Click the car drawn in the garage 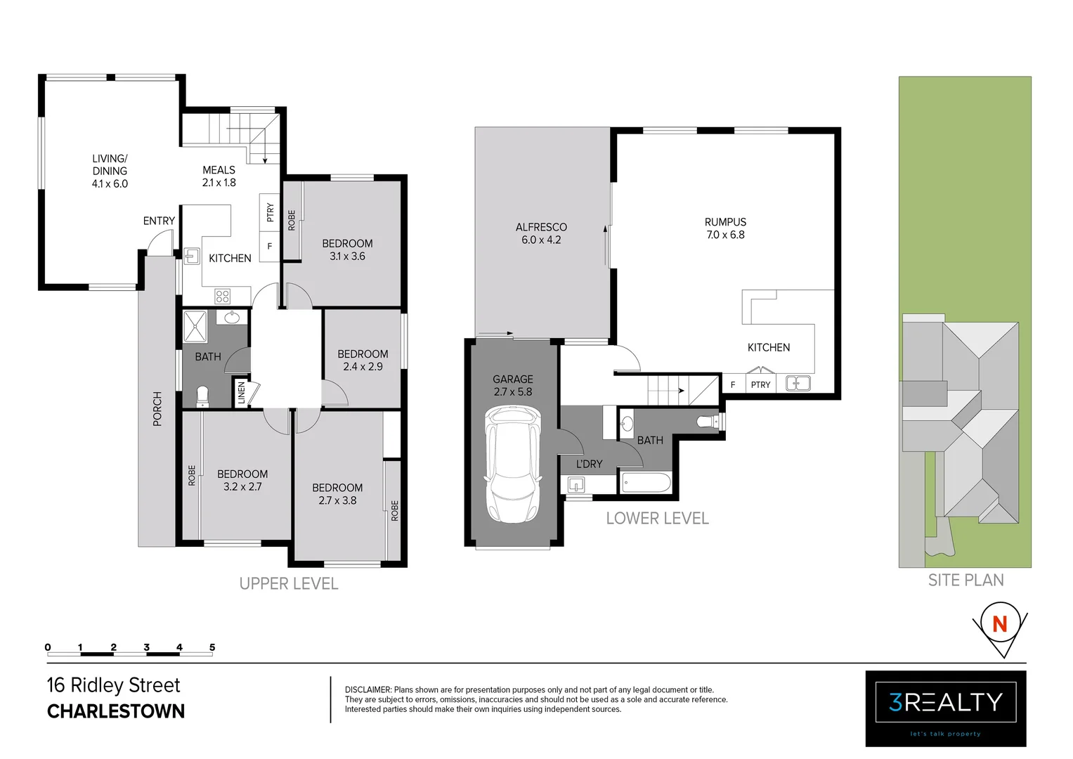(x=513, y=466)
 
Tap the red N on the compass (x=999, y=623)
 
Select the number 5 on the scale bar (x=212, y=647)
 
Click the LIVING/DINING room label (x=110, y=171)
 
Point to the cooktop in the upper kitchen (x=223, y=297)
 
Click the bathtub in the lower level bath (x=646, y=483)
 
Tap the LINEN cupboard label (x=241, y=392)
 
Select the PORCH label (x=157, y=408)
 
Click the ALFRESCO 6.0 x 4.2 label (x=541, y=233)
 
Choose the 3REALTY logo (x=945, y=702)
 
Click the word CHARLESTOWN (x=116, y=712)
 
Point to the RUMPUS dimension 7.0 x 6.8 (x=725, y=235)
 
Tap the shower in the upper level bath (x=195, y=327)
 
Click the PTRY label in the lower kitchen (x=760, y=384)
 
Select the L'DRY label (x=589, y=464)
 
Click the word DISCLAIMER (x=368, y=690)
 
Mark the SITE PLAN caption (x=965, y=580)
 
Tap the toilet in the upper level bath (x=202, y=397)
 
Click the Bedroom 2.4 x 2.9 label (x=363, y=361)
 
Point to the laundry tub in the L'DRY (x=576, y=485)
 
